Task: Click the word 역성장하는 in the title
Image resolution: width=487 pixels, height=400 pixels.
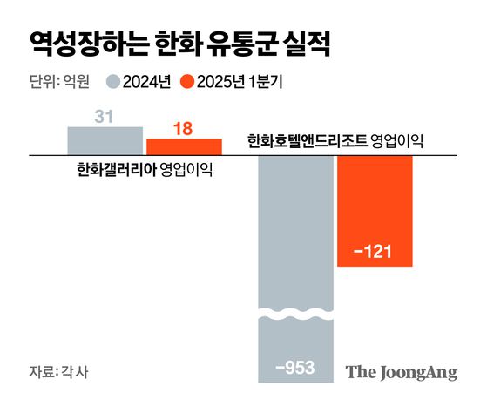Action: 85,42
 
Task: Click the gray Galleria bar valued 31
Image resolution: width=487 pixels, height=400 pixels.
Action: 105,141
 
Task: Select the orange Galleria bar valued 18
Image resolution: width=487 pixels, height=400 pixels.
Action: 183,147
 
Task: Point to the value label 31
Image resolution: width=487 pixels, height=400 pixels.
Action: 105,114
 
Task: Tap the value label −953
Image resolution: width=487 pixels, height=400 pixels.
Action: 295,367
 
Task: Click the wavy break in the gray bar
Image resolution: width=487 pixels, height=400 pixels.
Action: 295,313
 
